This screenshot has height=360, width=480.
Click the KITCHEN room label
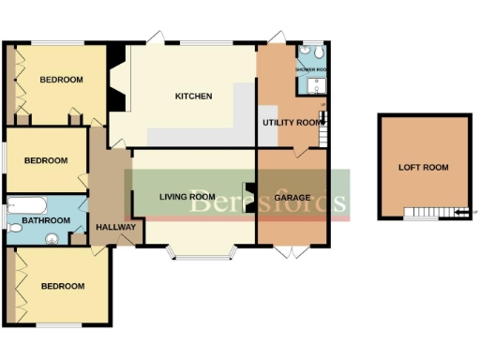[x=194, y=97]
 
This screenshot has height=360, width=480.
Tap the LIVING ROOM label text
[x=181, y=196]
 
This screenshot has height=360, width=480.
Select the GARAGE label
[x=292, y=198]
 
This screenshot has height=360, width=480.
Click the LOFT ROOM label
[x=424, y=167]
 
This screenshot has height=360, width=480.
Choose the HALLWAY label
[x=116, y=227]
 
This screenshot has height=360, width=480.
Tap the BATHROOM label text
[x=46, y=220]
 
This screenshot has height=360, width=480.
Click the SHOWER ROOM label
[x=310, y=70]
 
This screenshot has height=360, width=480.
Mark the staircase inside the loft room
[x=432, y=213]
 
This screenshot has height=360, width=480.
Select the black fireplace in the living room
[x=249, y=197]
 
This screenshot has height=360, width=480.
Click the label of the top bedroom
[x=61, y=81]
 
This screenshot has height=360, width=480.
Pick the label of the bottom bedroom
[x=62, y=286]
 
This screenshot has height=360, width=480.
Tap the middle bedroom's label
[x=46, y=160]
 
